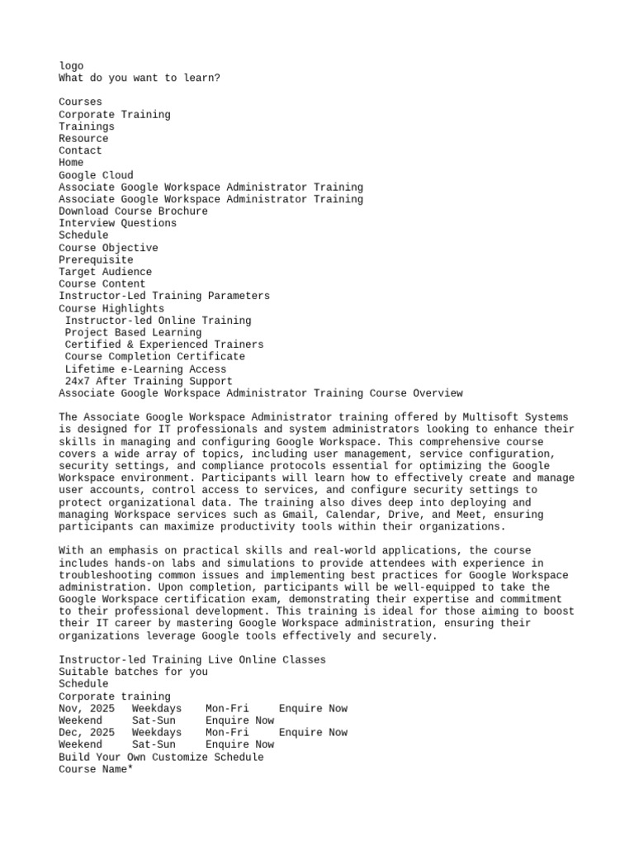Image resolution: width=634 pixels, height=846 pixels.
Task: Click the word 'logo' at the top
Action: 71,66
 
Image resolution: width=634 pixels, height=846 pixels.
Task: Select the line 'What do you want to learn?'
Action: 140,78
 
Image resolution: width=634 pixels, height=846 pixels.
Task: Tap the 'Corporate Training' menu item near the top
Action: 115,115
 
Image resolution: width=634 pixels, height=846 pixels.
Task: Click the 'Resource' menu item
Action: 83,139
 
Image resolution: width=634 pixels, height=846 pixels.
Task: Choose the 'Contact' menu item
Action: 80,151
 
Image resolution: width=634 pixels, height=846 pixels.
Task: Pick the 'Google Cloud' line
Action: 96,175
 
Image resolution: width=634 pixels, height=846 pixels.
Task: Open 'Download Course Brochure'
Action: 133,211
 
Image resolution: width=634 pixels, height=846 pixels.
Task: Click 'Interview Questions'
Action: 117,223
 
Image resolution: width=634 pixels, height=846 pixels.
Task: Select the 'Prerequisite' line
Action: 96,260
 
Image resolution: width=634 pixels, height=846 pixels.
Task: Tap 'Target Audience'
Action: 105,272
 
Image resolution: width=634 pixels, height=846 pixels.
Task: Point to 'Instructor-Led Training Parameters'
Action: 164,296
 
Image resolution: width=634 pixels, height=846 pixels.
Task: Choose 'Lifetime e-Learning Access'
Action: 145,369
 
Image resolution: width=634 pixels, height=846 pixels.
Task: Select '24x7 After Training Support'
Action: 149,382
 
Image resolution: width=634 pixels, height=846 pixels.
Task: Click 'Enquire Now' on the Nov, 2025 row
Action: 313,709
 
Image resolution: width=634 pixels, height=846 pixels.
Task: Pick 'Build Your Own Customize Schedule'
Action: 161,758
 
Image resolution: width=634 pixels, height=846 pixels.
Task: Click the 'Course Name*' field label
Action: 96,769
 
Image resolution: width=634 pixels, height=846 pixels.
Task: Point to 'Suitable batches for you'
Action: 133,673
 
